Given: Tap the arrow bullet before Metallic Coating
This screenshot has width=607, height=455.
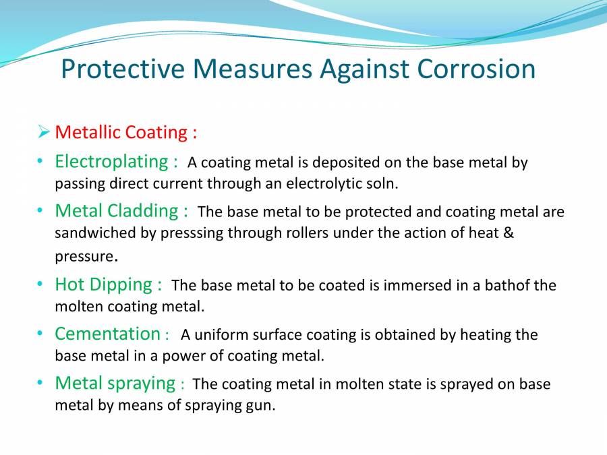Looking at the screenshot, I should (45, 132).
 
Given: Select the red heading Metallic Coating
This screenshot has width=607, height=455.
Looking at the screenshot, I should (125, 132).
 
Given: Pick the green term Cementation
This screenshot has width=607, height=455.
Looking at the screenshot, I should (107, 334).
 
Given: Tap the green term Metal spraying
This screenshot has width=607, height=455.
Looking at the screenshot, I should (115, 383).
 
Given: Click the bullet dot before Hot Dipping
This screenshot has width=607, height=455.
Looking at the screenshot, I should (40, 284).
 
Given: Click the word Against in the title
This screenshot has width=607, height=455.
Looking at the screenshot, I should (362, 69).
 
